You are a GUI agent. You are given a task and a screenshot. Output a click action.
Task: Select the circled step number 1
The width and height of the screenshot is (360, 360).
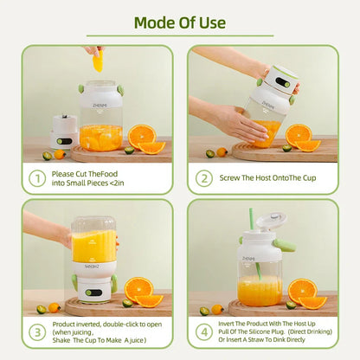click(x=38, y=178)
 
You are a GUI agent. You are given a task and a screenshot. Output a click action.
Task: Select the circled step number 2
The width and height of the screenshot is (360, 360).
click(x=204, y=178)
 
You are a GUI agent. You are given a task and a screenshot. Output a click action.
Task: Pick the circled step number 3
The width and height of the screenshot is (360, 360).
click(x=38, y=332)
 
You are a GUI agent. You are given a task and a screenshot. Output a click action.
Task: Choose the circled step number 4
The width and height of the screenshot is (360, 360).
click(x=204, y=332)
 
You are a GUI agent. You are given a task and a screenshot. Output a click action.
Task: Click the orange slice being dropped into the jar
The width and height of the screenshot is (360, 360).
click(x=98, y=61)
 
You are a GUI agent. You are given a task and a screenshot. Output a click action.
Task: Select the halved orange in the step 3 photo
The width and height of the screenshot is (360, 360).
click(x=138, y=290)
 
